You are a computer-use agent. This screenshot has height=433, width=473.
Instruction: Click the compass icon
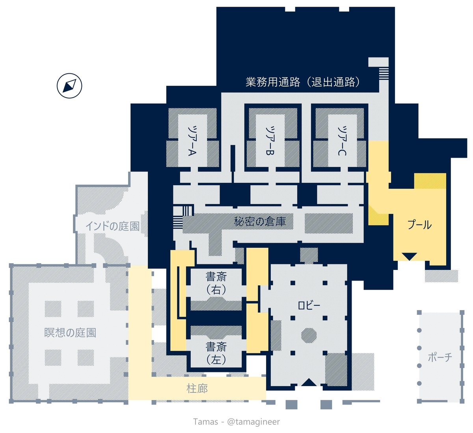click(69, 85)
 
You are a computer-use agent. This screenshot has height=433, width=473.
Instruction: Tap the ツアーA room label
click(192, 141)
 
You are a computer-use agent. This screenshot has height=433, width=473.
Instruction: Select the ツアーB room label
click(270, 141)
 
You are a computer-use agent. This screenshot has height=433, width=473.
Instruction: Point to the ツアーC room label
click(342, 141)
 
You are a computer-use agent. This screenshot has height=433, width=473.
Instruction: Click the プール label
click(419, 225)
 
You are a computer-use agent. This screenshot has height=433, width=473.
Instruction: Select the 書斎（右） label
click(216, 283)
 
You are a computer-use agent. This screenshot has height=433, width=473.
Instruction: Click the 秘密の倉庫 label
click(260, 221)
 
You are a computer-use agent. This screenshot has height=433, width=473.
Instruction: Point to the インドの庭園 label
click(112, 226)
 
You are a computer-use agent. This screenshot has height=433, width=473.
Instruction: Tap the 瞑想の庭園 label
click(70, 333)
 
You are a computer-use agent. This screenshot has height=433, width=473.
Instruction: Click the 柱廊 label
click(197, 389)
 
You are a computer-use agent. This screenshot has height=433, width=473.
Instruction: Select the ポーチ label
click(440, 357)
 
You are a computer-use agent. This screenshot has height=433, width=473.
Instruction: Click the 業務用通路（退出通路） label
click(303, 82)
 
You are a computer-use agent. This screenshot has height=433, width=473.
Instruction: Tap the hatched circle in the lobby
click(309, 335)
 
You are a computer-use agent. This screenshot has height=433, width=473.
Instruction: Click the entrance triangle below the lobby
click(309, 382)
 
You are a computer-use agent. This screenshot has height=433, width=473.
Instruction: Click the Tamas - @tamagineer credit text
click(236, 422)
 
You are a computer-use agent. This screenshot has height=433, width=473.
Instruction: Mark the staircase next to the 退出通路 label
click(384, 74)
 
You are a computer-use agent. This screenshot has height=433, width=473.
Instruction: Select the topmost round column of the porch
click(419, 330)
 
